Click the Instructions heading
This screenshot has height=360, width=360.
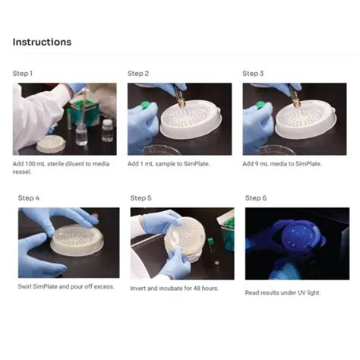(x=42, y=42)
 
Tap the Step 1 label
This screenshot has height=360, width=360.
(x=23, y=74)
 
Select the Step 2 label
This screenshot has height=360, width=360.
(x=138, y=74)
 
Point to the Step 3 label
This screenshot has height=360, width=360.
(x=253, y=74)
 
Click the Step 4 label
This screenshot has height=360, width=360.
(x=29, y=198)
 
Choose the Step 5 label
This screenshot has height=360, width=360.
(x=141, y=198)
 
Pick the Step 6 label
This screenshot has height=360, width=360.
(x=256, y=198)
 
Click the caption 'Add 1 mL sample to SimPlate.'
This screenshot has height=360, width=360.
(x=169, y=164)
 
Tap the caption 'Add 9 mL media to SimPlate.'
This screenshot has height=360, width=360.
(x=283, y=164)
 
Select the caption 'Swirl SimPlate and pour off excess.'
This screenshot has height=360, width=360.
(x=66, y=286)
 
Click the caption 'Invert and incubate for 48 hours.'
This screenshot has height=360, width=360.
(x=175, y=289)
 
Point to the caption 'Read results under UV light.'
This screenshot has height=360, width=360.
(x=283, y=292)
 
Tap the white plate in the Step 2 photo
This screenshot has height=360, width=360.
(x=191, y=119)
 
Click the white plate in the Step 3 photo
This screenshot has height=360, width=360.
(x=306, y=119)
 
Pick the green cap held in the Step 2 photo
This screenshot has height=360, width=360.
(x=145, y=105)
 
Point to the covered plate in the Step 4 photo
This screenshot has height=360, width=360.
(x=77, y=240)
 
